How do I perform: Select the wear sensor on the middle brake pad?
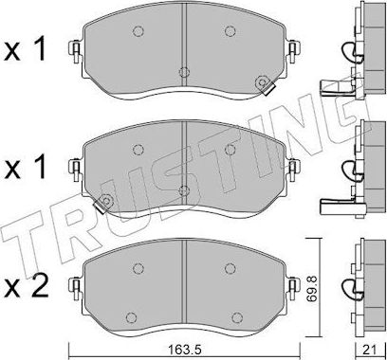point(106,201)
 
